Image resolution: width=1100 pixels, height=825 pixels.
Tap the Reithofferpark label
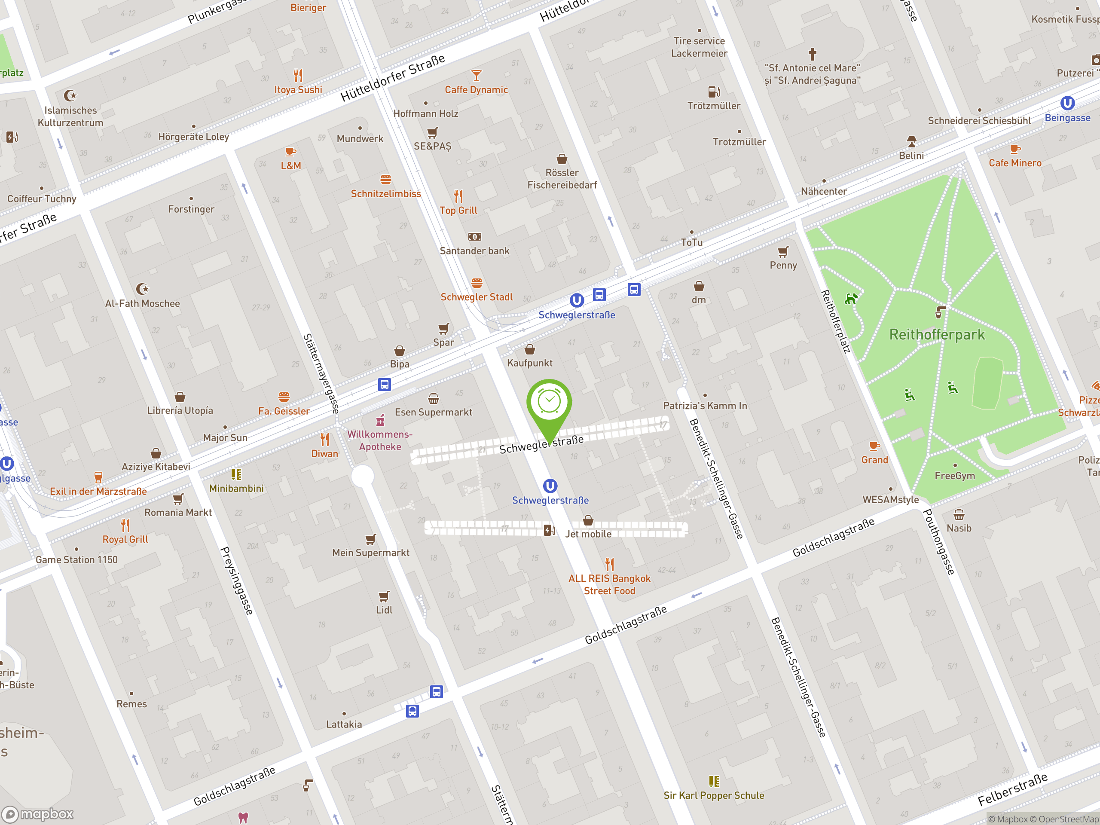[936, 335]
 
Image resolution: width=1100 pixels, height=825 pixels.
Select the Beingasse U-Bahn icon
[1067, 103]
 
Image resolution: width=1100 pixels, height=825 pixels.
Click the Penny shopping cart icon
[783, 252]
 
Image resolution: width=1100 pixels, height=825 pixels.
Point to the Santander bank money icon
[474, 237]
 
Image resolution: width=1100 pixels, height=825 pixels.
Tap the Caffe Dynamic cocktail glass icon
[476, 76]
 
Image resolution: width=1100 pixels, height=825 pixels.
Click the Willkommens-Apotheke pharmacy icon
[380, 420]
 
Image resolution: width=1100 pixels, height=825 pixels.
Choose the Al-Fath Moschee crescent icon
[142, 288]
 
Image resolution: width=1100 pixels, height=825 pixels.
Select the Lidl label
[384, 610]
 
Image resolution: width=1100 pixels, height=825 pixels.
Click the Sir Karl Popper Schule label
[714, 795]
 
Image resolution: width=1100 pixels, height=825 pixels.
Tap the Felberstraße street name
[1012, 790]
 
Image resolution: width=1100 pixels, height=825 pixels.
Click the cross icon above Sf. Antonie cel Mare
[812, 53]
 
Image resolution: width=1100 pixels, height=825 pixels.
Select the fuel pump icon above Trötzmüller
[714, 92]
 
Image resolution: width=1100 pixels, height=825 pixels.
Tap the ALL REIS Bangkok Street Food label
[609, 584]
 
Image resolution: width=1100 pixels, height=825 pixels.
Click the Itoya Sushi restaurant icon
[298, 76]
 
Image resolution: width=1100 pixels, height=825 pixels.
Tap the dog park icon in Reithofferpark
[851, 298]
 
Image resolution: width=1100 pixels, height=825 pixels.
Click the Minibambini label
[236, 488]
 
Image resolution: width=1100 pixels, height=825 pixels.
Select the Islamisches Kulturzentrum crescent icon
[70, 95]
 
